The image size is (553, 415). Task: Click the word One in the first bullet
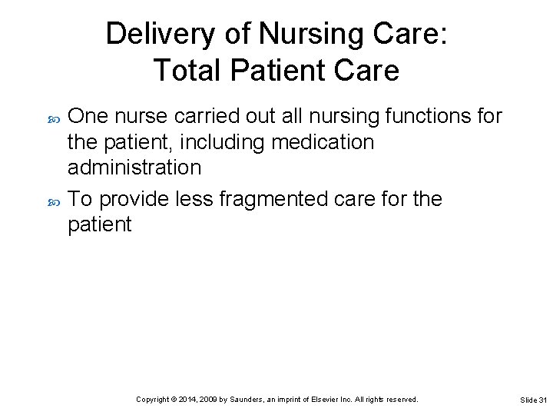[88, 117]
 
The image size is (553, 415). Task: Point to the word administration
[134, 168]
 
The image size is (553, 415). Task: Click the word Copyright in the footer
[153, 400]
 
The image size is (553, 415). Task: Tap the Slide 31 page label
[533, 400]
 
